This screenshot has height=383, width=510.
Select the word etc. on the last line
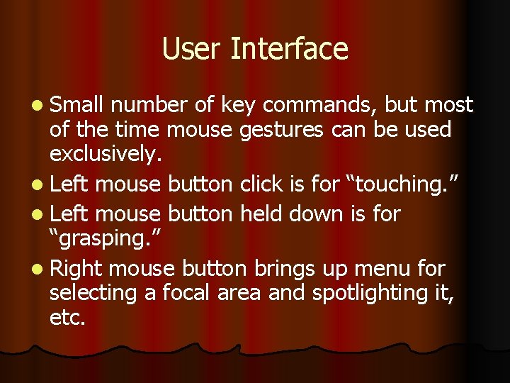[67, 318]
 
